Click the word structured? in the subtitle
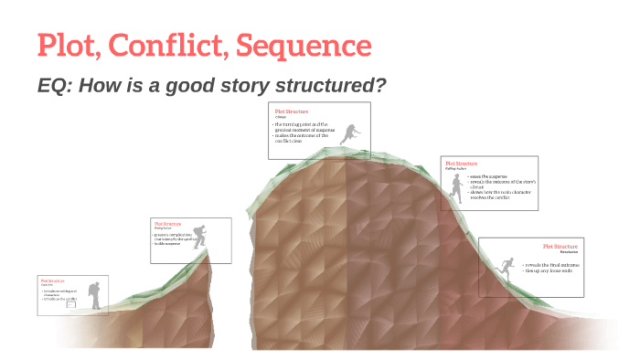pyautogui.click(x=329, y=85)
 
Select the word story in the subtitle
pyautogui.click(x=241, y=85)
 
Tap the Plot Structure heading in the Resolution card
pyautogui.click(x=561, y=246)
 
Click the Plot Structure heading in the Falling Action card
pyautogui.click(x=461, y=164)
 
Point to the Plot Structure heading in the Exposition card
pyautogui.click(x=52, y=280)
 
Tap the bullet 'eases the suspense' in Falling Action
pyautogui.click(x=488, y=176)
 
